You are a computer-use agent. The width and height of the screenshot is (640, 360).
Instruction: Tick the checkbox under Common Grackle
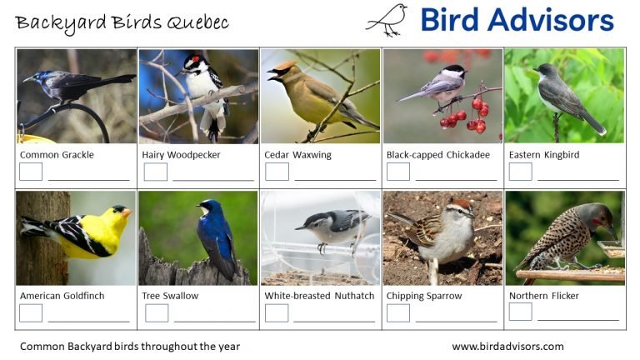coord(31,172)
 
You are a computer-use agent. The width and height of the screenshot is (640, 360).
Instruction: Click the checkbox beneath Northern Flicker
coord(520,312)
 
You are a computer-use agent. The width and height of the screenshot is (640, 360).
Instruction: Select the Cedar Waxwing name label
coord(297,155)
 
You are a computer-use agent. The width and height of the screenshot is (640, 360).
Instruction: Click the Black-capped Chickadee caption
coord(438,155)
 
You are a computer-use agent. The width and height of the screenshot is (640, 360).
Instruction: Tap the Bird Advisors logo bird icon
coord(387,19)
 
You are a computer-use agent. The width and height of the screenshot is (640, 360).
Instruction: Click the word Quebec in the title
coord(199,22)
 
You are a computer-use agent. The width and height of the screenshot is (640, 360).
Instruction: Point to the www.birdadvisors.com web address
coord(507,346)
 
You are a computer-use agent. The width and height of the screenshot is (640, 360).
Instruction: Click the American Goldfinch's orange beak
coord(126,213)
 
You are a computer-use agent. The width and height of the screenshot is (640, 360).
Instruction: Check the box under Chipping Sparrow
coord(398,312)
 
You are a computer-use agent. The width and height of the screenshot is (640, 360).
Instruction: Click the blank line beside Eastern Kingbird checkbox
coord(577,178)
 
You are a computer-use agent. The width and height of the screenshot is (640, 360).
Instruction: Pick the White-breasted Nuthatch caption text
coord(319,296)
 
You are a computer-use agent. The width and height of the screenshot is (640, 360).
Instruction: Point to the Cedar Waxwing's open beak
coord(271,76)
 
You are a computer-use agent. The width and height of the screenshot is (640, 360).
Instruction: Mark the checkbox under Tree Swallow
coord(157,312)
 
